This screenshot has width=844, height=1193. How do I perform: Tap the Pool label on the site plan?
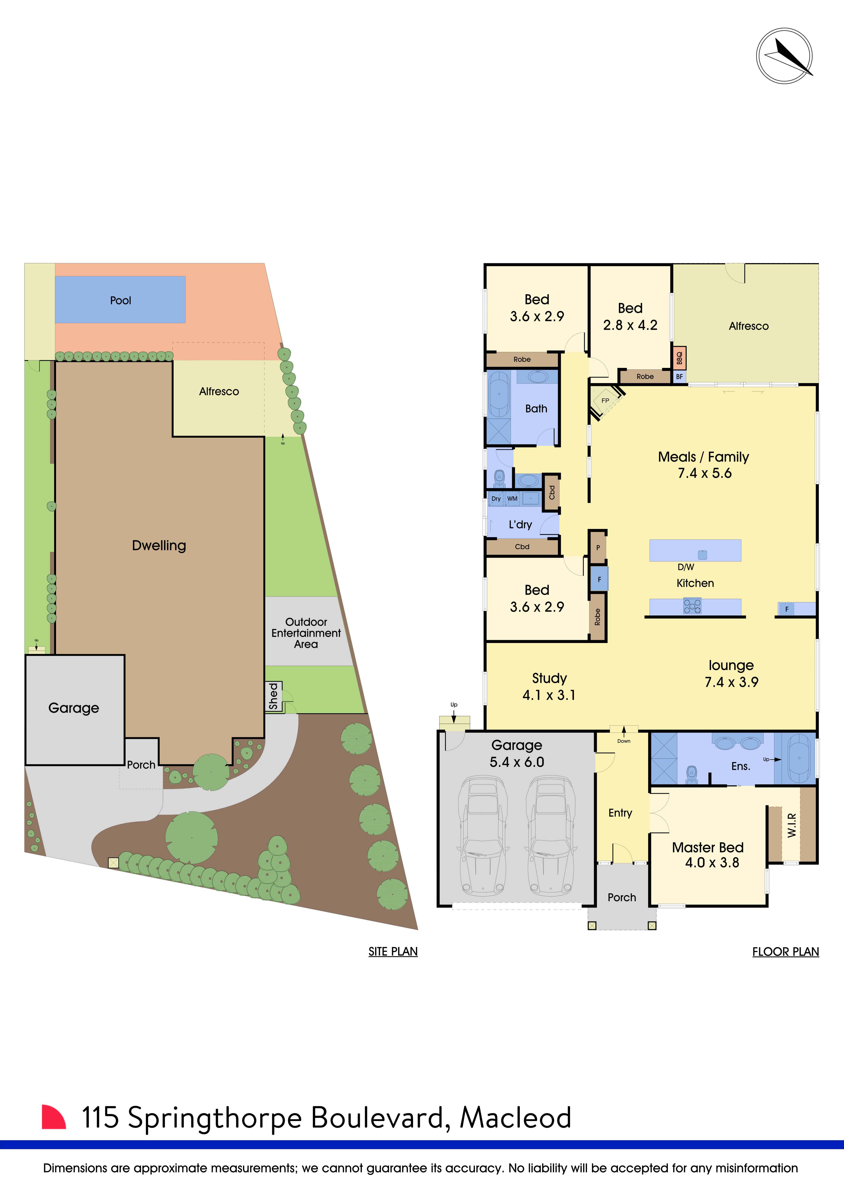pyautogui.click(x=121, y=300)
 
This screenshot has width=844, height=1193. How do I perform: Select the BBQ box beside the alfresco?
pyautogui.click(x=679, y=358)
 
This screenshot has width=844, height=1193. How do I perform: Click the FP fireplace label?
pyautogui.click(x=605, y=401)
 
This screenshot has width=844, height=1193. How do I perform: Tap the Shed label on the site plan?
pyautogui.click(x=273, y=696)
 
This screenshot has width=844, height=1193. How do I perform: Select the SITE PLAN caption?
pyautogui.click(x=393, y=951)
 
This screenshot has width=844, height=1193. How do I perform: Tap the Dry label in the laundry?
pyautogui.click(x=496, y=499)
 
